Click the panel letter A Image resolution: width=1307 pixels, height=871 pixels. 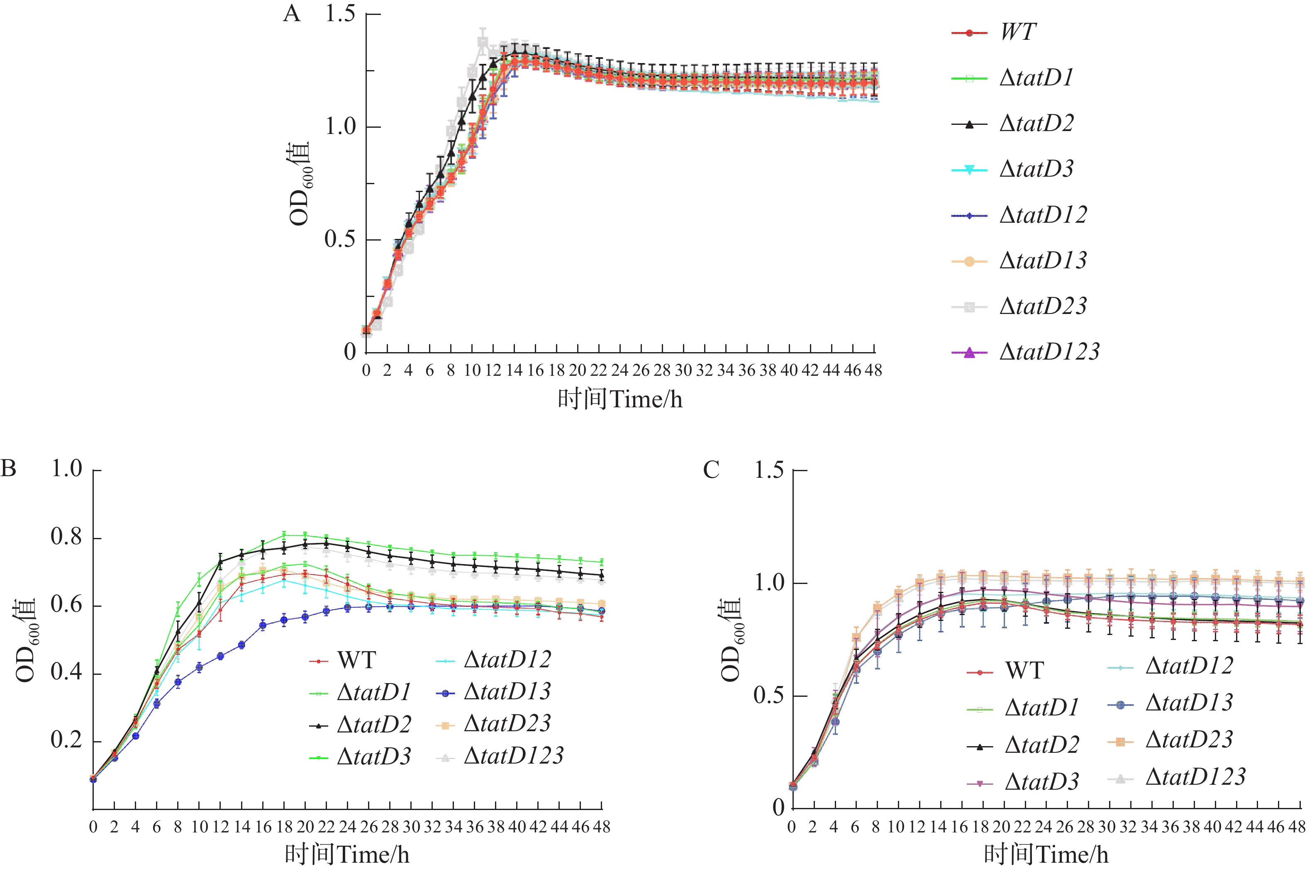click(x=292, y=13)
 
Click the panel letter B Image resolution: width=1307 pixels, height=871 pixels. click(x=8, y=468)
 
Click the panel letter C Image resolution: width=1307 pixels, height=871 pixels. click(x=711, y=470)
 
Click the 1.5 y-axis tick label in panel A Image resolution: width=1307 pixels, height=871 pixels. click(x=340, y=13)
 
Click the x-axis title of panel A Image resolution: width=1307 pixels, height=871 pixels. click(x=619, y=399)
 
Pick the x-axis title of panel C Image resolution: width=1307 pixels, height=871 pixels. click(x=1046, y=854)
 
